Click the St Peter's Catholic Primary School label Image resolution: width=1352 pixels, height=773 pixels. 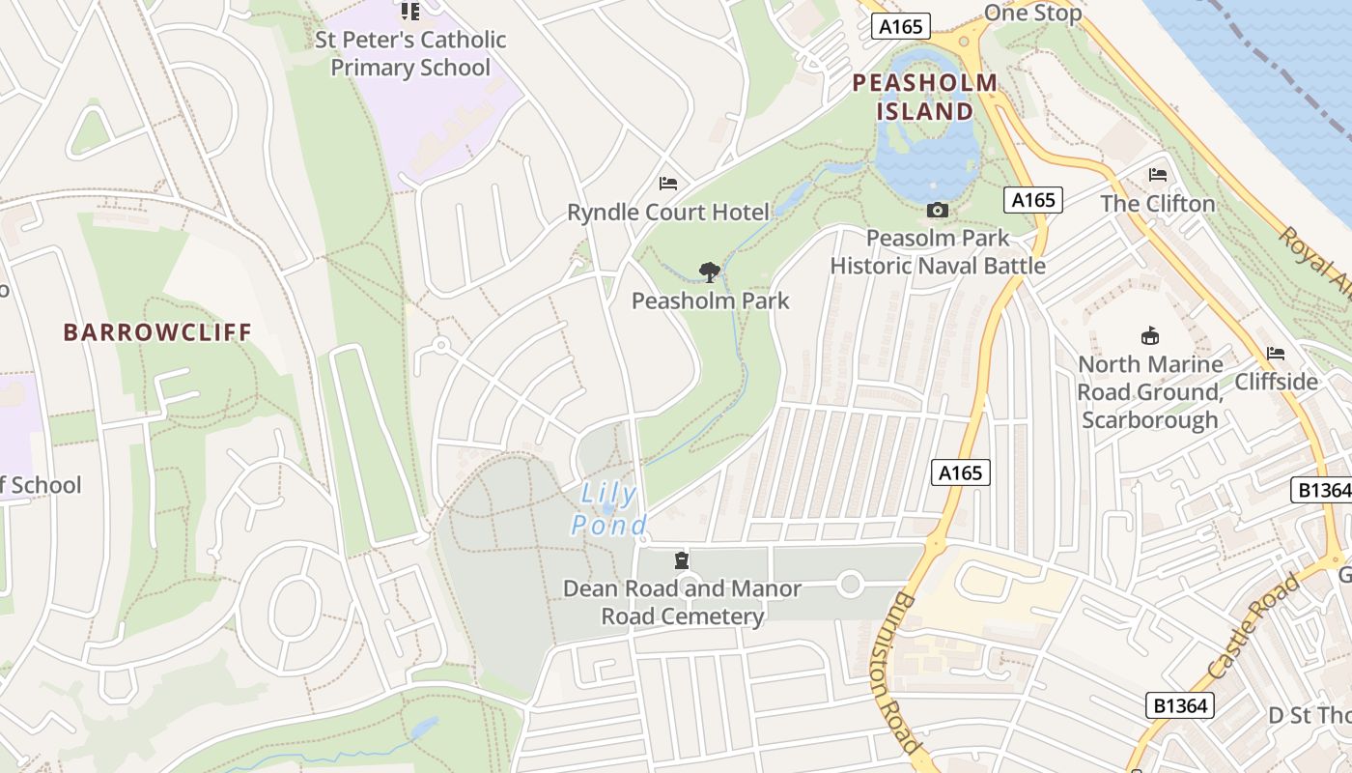410,54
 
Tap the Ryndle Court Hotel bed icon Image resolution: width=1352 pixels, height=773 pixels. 667,183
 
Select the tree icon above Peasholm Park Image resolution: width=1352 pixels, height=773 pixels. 710,272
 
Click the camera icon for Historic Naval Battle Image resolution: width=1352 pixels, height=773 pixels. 937,210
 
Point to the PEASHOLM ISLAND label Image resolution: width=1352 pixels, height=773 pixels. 925,97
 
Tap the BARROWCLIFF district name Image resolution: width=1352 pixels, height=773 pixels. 157,332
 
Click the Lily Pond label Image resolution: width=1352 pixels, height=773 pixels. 608,510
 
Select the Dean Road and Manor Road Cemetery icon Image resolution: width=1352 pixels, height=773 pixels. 682,560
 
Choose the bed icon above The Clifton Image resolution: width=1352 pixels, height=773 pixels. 1158,175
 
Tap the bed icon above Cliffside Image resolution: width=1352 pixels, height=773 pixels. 1276,354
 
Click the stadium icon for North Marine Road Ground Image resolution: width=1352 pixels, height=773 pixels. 1150,336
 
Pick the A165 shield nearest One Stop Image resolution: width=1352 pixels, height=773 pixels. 901,27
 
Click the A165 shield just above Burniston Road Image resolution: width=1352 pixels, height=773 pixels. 961,472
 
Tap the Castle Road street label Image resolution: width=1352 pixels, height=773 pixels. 1253,626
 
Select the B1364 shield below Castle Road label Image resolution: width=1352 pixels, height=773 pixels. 1180,705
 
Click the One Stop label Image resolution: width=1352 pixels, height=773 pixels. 1032,13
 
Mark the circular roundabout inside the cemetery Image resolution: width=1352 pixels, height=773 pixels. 850,584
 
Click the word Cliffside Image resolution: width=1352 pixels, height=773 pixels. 1276,382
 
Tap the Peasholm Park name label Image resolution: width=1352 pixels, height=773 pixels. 710,301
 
